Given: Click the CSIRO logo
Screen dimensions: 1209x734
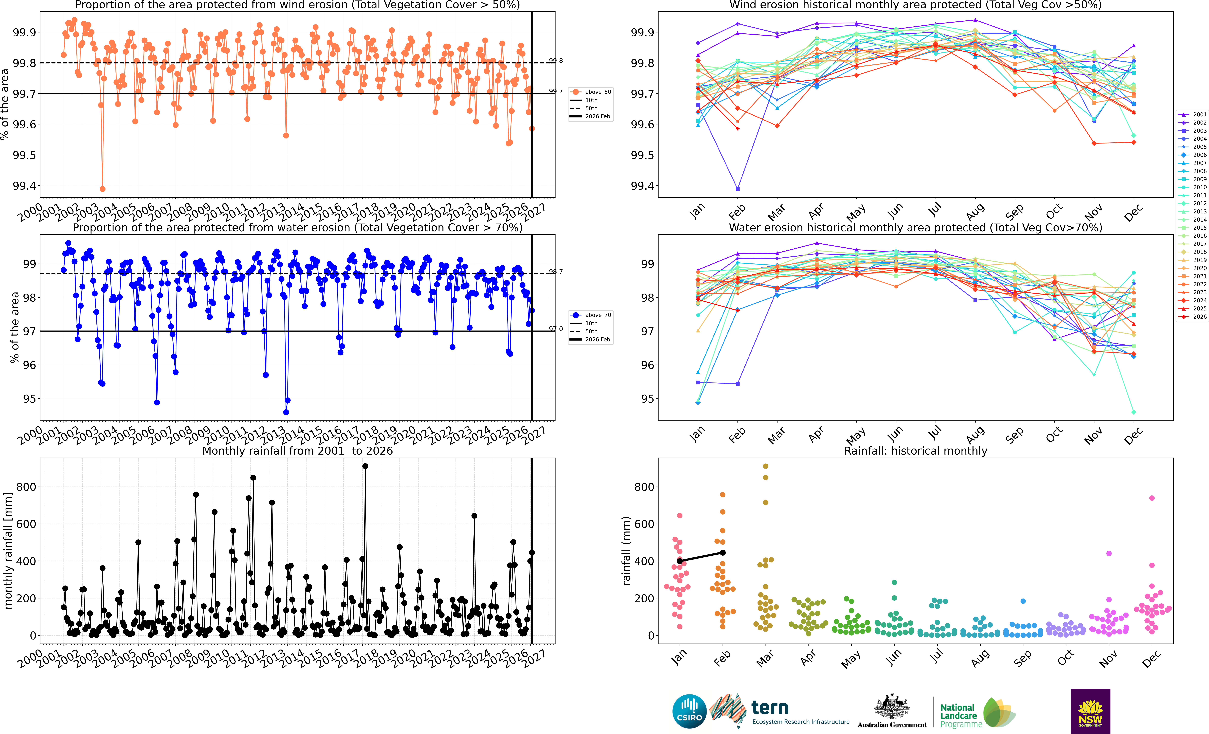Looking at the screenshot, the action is [689, 711].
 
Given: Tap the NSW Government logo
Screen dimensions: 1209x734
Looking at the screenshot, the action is [1090, 711].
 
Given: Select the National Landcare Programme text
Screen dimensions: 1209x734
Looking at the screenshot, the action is [961, 716].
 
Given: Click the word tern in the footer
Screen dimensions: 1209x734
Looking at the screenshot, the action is [770, 707].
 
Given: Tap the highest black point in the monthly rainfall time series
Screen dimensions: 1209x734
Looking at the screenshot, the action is [365, 466].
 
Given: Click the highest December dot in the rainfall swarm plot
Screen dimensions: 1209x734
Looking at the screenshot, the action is [1152, 498].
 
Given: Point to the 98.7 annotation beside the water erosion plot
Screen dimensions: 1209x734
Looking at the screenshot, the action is [556, 271].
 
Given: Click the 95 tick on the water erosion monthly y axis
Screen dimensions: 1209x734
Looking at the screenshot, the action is [648, 399].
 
